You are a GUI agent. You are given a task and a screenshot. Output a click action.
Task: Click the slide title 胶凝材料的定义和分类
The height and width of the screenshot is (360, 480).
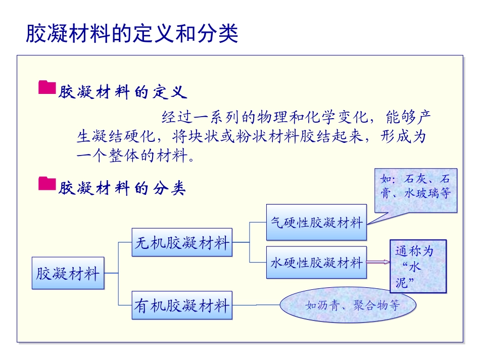click(x=132, y=34)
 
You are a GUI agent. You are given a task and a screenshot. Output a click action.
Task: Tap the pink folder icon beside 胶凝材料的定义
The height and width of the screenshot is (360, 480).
click(x=47, y=87)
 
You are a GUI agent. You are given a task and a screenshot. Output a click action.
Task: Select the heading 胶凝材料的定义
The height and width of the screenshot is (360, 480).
click(x=123, y=92)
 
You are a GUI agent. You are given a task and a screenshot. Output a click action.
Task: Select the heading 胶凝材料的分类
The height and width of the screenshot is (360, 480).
click(x=123, y=189)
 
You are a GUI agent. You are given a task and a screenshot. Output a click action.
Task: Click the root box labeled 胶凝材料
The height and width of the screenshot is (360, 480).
click(x=68, y=274)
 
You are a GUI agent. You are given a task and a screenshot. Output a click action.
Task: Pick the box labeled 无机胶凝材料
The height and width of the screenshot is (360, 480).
click(x=182, y=243)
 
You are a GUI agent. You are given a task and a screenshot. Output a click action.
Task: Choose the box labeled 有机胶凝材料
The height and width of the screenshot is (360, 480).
click(x=182, y=305)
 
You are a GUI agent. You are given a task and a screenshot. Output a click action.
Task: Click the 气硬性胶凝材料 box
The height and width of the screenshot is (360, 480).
click(x=316, y=222)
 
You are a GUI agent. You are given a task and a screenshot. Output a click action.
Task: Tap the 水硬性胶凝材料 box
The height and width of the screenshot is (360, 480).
click(x=316, y=262)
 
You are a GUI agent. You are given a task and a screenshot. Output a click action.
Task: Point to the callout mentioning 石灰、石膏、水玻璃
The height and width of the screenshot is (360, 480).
click(x=415, y=186)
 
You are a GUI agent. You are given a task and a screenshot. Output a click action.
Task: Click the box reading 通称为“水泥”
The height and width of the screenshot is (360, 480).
click(x=418, y=266)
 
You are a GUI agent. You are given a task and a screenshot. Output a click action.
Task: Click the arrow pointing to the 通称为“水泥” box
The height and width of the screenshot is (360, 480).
click(x=378, y=262)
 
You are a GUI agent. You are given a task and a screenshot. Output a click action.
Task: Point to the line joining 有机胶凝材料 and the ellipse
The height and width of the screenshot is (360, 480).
click(x=256, y=305)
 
